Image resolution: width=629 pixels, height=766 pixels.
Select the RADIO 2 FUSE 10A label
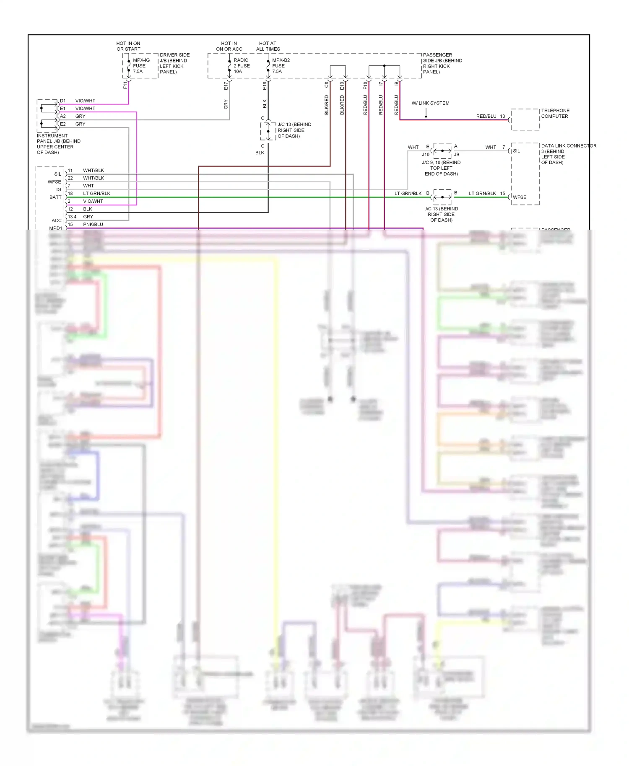point(241,66)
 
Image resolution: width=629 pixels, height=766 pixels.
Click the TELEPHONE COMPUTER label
point(555,114)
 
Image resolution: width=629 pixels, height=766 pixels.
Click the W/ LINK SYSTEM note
point(430,103)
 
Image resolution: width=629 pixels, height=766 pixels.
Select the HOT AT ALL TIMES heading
point(268,46)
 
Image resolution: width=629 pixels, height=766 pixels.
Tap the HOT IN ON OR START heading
point(128,46)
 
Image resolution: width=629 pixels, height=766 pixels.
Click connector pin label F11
point(125,85)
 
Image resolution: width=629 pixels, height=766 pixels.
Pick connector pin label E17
point(226,85)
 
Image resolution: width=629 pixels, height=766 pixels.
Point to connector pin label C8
point(326,85)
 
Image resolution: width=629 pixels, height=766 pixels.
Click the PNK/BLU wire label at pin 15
point(93,225)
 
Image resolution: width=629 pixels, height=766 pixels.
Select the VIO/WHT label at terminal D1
point(85,101)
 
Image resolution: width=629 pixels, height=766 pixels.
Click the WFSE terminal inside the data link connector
point(520,197)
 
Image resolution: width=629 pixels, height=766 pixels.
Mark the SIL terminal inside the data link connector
point(516,151)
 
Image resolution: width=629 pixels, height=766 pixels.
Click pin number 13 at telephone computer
point(502,116)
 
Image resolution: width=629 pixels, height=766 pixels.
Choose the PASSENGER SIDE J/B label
point(442,63)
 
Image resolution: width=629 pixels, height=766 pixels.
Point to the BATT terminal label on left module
point(55,197)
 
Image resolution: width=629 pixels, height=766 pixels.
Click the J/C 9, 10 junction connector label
point(441,168)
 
